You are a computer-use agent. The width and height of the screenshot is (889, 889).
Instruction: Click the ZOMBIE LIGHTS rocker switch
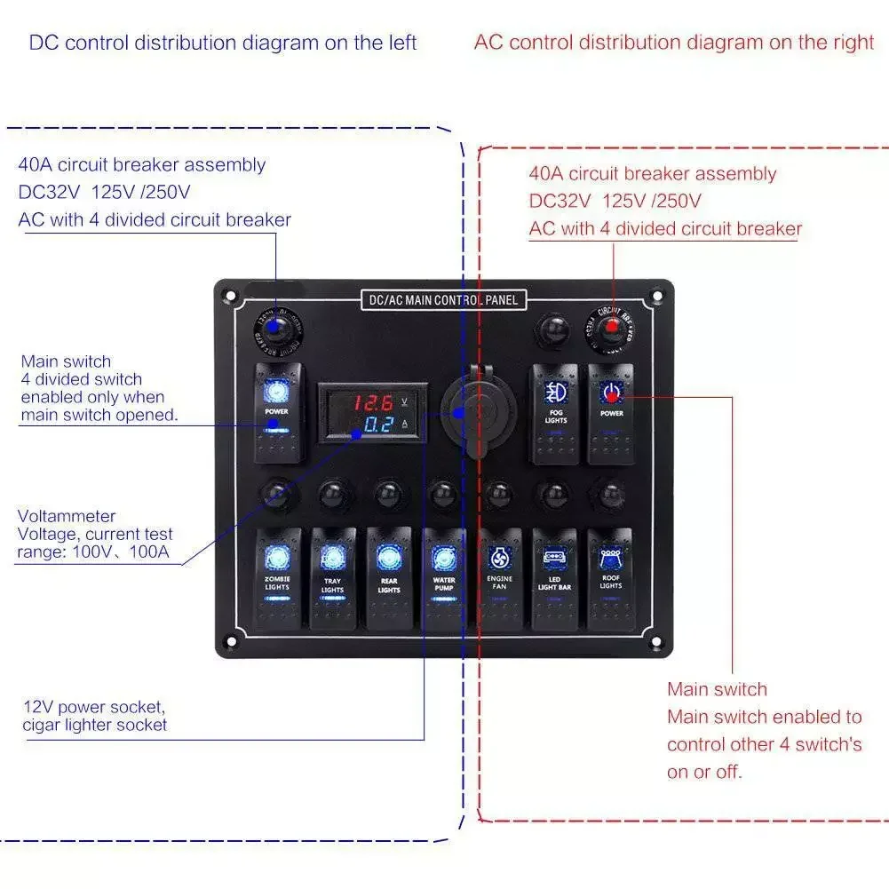277,578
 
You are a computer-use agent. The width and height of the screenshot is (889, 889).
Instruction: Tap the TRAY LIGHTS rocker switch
332,578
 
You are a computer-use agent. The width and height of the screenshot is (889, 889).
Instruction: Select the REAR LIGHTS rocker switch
388,578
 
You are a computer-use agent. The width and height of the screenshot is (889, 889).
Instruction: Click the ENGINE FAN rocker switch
499,578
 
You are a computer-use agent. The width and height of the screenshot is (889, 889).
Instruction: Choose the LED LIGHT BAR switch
554,578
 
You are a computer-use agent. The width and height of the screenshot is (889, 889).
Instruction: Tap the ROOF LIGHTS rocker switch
610,578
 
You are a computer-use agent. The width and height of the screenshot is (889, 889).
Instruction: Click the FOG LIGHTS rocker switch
556,413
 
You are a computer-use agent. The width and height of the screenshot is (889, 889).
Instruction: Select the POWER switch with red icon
611,413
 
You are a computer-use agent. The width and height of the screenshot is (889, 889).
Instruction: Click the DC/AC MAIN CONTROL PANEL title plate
443,300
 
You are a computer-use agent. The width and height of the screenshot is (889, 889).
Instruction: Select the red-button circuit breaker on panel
611,328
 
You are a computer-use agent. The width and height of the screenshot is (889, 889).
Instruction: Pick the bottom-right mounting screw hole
656,642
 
